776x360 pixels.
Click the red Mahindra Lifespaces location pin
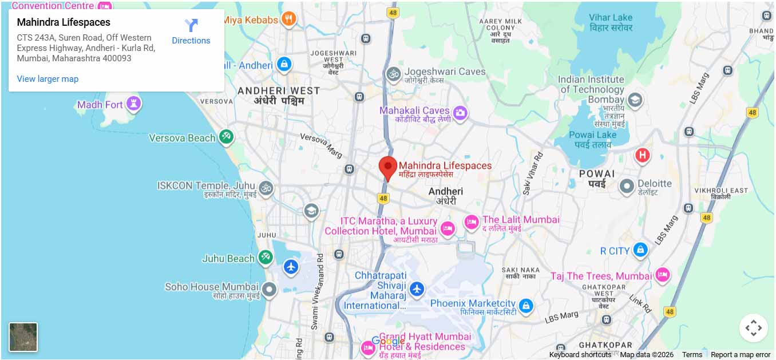click(388, 167)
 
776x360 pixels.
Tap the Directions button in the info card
click(191, 32)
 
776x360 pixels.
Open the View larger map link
click(47, 79)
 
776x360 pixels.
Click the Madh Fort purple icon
click(134, 104)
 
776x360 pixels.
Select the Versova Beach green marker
click(226, 137)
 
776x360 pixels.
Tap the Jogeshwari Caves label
click(445, 72)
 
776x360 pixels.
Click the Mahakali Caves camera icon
click(460, 113)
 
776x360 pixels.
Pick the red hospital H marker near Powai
click(642, 155)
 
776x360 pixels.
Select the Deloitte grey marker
click(627, 185)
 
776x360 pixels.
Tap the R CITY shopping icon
click(640, 250)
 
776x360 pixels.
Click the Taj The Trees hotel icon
click(662, 275)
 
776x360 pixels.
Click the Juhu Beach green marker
click(265, 258)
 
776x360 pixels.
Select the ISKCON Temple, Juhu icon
click(266, 188)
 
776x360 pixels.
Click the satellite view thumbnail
click(23, 337)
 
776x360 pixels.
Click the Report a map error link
click(741, 355)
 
